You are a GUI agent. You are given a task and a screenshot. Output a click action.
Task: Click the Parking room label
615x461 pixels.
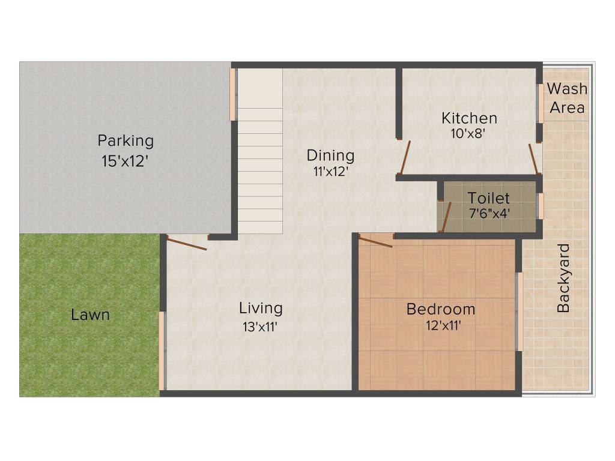coord(126,142)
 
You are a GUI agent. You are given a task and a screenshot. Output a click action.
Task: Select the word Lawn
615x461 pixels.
coord(90,315)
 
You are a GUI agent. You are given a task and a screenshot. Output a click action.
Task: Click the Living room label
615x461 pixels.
coord(261,309)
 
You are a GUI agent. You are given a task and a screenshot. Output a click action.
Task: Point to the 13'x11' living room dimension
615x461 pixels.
coord(260,327)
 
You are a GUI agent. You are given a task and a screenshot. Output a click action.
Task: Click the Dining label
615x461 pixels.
coord(330,155)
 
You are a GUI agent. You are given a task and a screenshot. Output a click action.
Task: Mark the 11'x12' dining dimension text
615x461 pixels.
coord(330,171)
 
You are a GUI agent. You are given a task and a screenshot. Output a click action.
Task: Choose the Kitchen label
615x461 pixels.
coord(469,118)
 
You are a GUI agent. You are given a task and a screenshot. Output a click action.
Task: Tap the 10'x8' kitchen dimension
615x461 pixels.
coord(468,133)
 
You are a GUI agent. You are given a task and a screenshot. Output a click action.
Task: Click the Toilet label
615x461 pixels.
coord(488,198)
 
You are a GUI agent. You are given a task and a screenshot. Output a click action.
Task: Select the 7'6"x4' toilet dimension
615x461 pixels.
coord(489,212)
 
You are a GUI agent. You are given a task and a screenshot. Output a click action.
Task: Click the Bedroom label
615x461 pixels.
coord(441,310)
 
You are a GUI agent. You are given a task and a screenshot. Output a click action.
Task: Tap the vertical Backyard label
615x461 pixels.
coord(563,279)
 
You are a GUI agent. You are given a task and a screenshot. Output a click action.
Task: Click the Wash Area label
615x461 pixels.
coord(567,98)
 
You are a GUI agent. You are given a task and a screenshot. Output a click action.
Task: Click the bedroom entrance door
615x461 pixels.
coord(376,241)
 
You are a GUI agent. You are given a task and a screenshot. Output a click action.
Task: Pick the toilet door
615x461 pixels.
coord(445,217)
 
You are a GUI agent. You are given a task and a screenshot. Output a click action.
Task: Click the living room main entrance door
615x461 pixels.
coord(187,243)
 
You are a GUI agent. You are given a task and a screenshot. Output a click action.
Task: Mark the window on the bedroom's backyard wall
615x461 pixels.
coord(520,311)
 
